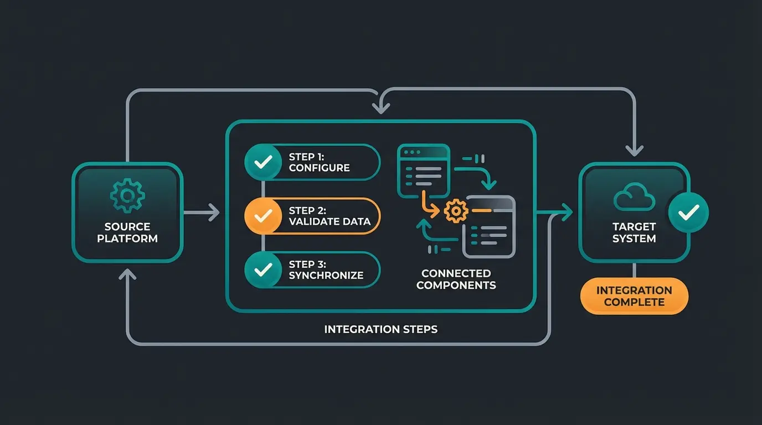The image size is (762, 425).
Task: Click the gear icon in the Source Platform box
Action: click(127, 195)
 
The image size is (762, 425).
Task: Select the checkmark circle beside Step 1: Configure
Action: click(263, 162)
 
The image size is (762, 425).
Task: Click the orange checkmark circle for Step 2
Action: click(263, 216)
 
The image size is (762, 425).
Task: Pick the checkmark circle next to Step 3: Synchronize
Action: click(263, 269)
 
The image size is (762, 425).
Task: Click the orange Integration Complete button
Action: click(634, 296)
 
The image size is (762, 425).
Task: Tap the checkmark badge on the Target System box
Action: click(688, 212)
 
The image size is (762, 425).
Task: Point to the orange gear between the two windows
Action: click(456, 211)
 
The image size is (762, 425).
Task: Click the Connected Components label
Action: click(456, 279)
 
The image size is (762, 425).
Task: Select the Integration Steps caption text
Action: click(380, 329)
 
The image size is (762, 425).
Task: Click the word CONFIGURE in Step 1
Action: click(319, 168)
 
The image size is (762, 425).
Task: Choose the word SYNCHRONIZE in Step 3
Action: click(326, 275)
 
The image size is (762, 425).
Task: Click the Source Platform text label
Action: click(127, 232)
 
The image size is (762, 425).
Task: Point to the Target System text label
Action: click(634, 232)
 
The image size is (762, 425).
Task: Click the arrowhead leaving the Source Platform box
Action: click(213, 212)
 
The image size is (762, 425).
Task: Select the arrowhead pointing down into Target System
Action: click(635, 150)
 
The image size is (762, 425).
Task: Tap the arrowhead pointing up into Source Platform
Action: click(127, 273)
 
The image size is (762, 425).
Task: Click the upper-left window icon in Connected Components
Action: click(424, 170)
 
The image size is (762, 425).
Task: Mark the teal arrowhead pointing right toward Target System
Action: click(566, 211)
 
